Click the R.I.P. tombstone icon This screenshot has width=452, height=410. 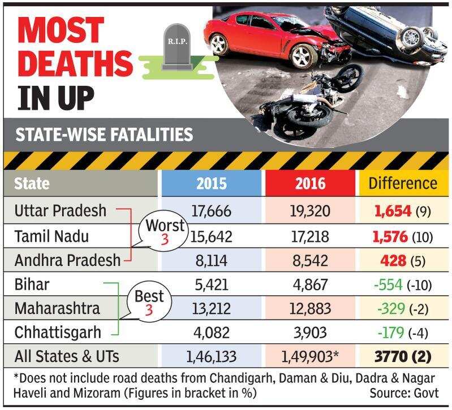click(x=177, y=47)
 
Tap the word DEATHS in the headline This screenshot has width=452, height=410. click(x=75, y=63)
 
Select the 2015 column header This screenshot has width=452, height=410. click(x=212, y=184)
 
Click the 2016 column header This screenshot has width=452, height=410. click(x=310, y=184)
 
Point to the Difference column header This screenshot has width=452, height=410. click(x=403, y=183)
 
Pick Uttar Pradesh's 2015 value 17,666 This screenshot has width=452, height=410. click(x=212, y=210)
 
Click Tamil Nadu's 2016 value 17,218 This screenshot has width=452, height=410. click(x=310, y=236)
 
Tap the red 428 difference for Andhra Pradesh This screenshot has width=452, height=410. click(x=393, y=261)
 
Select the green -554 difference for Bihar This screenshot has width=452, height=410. click(x=388, y=285)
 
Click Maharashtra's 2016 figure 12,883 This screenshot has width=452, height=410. click(x=310, y=309)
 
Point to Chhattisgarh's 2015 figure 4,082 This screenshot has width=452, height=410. click(x=212, y=333)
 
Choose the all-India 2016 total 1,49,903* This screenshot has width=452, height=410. click(x=309, y=357)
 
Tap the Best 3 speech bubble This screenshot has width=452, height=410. click(x=149, y=303)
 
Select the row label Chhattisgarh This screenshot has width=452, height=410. click(x=58, y=333)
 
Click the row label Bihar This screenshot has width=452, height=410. click(x=32, y=284)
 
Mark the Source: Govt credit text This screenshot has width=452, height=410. click(x=404, y=393)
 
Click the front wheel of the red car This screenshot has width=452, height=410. click(x=303, y=57)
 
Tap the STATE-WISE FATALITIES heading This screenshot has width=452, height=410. click(x=104, y=135)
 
